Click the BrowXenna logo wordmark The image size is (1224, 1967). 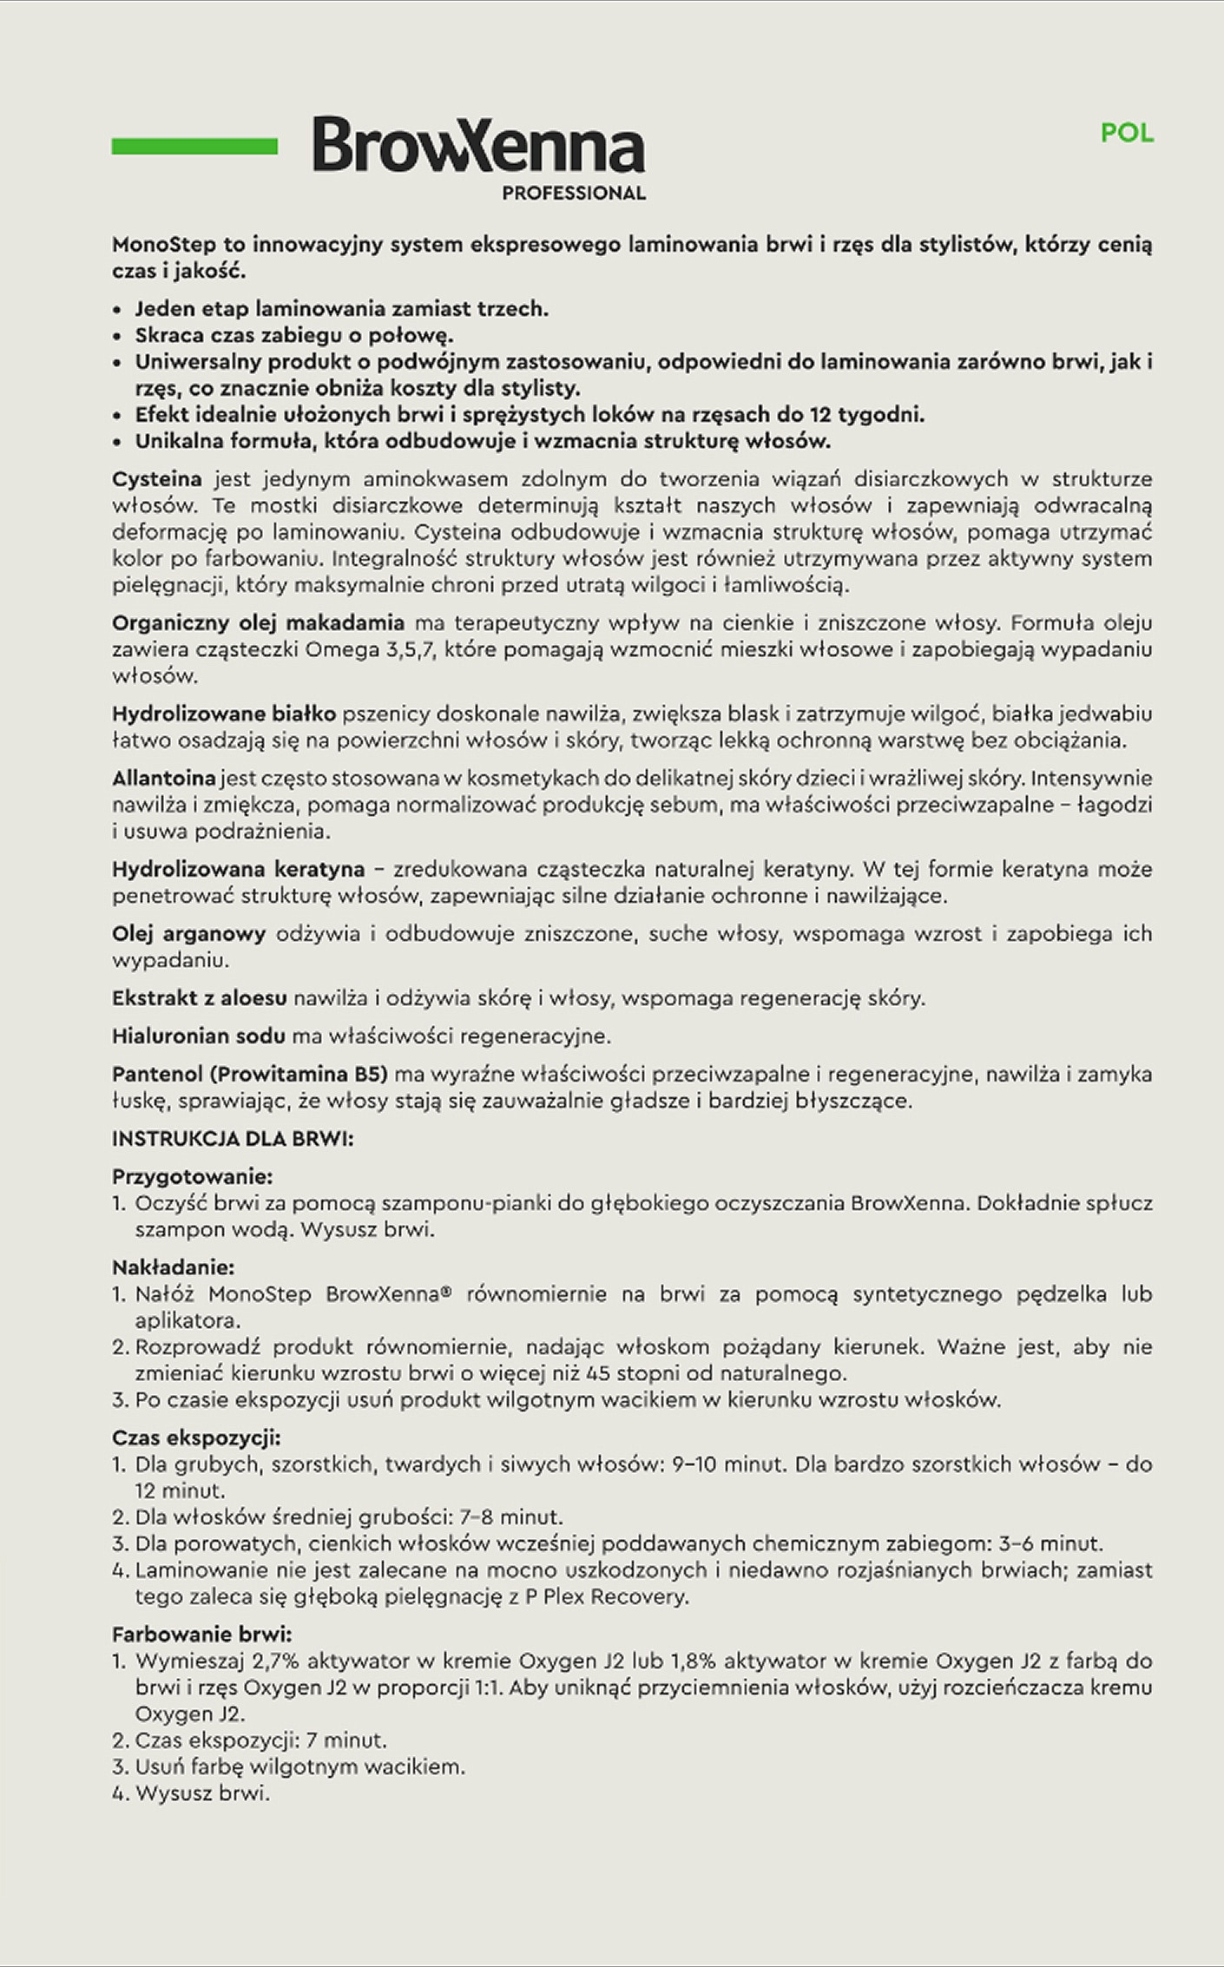[x=478, y=145]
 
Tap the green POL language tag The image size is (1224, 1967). [x=1127, y=133]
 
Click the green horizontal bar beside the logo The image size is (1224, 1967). [x=194, y=146]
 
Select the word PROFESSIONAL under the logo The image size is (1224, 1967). [x=574, y=193]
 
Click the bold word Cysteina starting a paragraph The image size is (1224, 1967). [x=157, y=479]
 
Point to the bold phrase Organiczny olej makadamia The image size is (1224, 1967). [x=258, y=622]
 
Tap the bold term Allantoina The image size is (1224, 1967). [x=163, y=778]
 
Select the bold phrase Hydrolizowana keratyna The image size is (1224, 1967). [x=238, y=869]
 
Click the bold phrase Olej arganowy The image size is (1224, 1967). [x=188, y=934]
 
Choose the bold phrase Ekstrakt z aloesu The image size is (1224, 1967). [x=200, y=998]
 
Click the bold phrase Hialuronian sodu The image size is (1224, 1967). [x=198, y=1036]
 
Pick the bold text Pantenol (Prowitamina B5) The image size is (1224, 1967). [x=249, y=1074]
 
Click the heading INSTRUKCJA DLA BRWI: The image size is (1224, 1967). [x=233, y=1139]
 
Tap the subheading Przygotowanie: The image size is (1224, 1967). [x=193, y=1177]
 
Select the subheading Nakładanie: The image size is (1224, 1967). [x=174, y=1268]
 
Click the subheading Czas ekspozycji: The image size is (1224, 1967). [x=196, y=1438]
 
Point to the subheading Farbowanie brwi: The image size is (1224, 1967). [x=201, y=1635]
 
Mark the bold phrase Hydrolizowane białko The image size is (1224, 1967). [x=224, y=714]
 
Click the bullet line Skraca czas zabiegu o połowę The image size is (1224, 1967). [x=294, y=335]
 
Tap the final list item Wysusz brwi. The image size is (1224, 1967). [x=202, y=1793]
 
